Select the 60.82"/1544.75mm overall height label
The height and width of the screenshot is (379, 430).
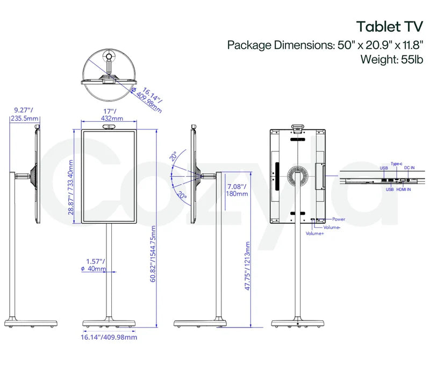tap(154, 252)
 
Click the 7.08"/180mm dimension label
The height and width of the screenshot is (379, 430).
tap(236, 189)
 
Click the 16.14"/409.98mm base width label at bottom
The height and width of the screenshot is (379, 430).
tap(109, 337)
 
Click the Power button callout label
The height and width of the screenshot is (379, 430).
tap(338, 219)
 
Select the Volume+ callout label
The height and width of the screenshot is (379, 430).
tap(315, 234)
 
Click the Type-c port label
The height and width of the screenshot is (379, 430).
tap(397, 163)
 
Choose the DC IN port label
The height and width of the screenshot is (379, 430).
tap(410, 168)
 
